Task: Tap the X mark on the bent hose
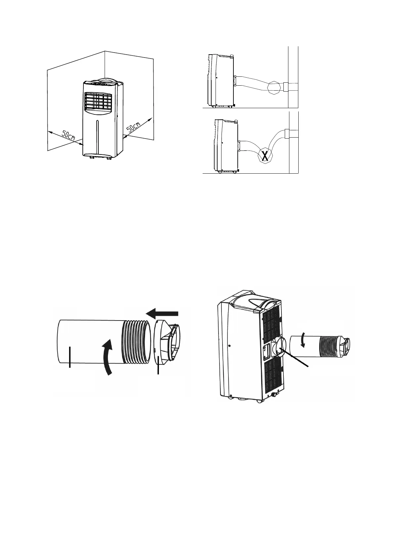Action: (x=265, y=155)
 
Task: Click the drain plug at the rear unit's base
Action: (x=274, y=395)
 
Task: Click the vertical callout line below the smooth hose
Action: (x=70, y=357)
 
